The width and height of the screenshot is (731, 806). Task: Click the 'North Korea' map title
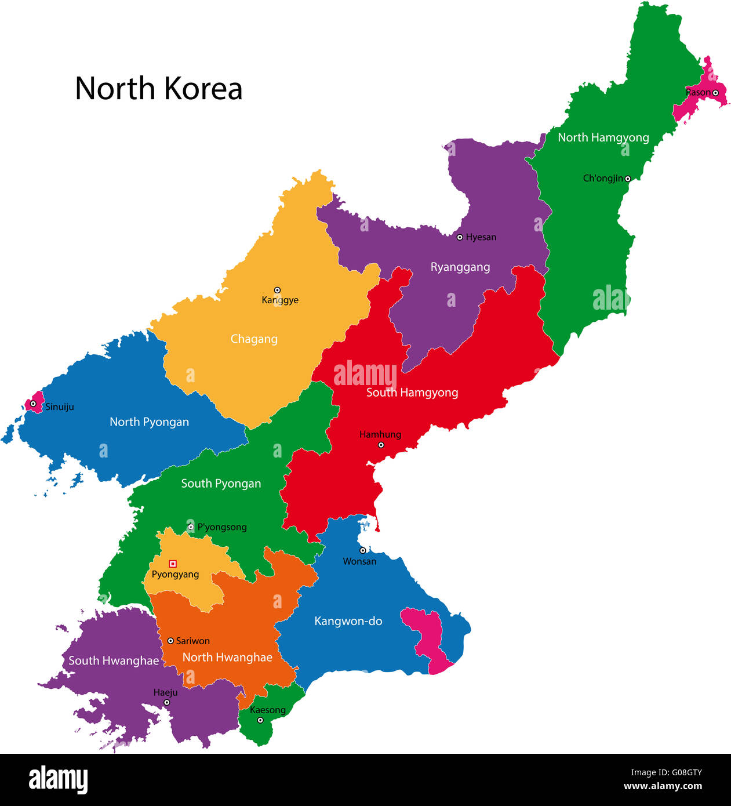tap(158, 89)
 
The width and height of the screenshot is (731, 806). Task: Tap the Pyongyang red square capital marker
tap(172, 564)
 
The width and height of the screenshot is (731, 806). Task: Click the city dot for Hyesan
tap(460, 237)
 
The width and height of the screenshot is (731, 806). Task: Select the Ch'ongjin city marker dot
tap(627, 179)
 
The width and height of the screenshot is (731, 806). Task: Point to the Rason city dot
tap(715, 93)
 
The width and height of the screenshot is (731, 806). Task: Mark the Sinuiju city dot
tap(33, 404)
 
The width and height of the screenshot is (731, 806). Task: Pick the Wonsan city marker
tap(362, 550)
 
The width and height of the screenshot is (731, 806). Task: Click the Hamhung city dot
tap(381, 445)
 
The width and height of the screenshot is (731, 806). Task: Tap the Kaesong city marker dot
tap(260, 720)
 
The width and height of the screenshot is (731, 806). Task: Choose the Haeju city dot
tap(166, 703)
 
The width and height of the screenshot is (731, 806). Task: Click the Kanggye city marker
tap(277, 290)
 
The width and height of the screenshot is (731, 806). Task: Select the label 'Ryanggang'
tap(460, 267)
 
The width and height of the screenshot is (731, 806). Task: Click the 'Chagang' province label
tap(254, 339)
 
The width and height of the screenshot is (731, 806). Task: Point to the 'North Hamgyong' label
tap(603, 137)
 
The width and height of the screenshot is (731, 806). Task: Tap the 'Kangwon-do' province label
tap(348, 621)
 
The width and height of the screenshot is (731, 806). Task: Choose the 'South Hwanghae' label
tap(114, 660)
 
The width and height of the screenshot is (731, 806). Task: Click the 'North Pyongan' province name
tap(149, 422)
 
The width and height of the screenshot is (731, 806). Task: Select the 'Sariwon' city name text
tap(192, 641)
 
